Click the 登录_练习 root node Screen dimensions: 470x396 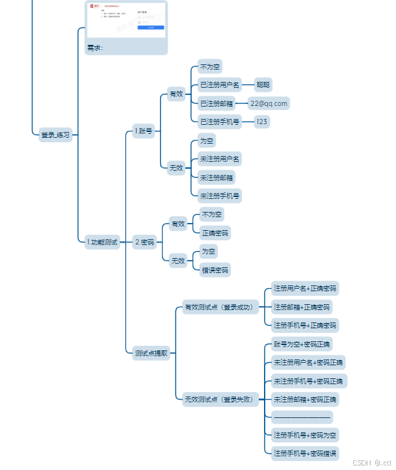55,135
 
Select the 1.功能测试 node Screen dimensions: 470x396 102,242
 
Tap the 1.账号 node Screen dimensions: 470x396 143,131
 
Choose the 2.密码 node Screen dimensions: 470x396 144,242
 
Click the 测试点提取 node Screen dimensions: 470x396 151,353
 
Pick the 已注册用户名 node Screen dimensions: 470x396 220,85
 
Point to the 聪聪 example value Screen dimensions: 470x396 263,85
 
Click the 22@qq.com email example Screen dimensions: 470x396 269,103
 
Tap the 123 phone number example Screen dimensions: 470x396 261,122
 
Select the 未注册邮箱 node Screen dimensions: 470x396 217,177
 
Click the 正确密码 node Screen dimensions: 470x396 214,232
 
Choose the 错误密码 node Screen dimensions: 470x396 214,269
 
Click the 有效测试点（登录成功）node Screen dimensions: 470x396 218,307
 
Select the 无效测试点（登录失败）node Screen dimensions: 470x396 218,399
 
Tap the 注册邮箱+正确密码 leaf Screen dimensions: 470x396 301,307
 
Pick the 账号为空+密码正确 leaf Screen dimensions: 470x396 301,344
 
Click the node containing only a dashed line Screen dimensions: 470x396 302,417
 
